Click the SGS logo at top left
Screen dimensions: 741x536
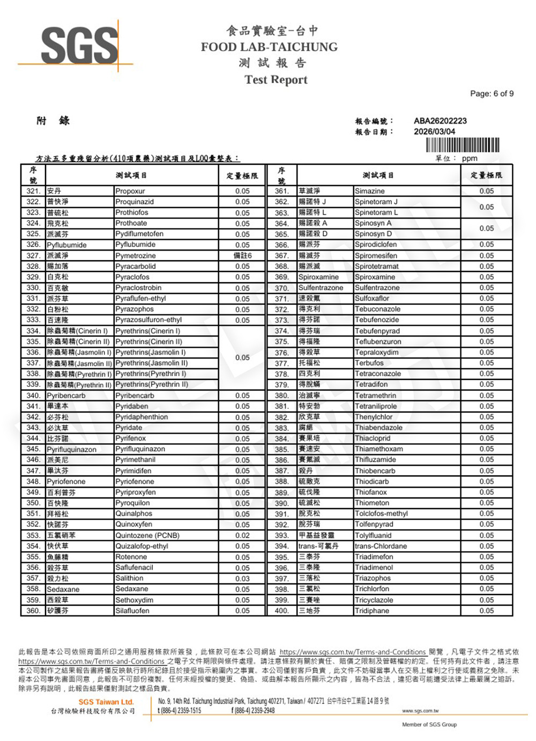coord(79,46)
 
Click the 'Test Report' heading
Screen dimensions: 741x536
coord(276,80)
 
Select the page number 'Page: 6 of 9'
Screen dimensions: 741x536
coord(492,93)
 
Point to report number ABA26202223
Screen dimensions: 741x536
coord(440,121)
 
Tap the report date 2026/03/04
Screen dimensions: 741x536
coord(434,131)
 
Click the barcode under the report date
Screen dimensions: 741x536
coord(463,145)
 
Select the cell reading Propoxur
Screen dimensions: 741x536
coord(130,191)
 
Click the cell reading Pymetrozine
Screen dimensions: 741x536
coord(136,255)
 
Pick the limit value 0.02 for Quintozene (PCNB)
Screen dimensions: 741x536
coord(242,535)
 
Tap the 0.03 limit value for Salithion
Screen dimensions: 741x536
coord(242,578)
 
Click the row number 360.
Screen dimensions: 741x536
coord(33,611)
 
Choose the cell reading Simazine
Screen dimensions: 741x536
coord(370,191)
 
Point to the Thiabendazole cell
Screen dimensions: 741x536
coord(378,428)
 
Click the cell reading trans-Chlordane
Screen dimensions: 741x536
coord(381,546)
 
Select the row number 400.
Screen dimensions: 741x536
coord(281,611)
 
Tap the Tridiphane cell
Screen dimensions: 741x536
coord(372,611)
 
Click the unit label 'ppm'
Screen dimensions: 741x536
coord(470,158)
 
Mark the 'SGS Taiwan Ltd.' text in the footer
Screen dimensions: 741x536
coord(106,702)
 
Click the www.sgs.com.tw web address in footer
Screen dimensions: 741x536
coord(420,710)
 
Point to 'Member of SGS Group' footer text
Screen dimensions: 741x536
coord(429,724)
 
